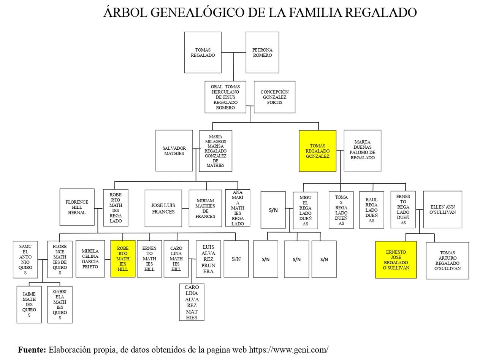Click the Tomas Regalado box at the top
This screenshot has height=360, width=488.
pos(203,52)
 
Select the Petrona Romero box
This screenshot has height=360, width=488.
pos(262,52)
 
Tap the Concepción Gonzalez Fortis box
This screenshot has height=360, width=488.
pos(274,97)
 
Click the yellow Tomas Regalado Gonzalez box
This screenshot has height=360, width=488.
pos(317,151)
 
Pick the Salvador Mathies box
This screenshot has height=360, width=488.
pos(174,151)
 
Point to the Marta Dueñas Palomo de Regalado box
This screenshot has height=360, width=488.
pos(362,151)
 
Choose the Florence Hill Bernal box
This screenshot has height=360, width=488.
pos(77,207)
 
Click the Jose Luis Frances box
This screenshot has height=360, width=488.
pos(163,208)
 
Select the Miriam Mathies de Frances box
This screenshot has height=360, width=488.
pos(205,208)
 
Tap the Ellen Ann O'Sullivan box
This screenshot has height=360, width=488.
pos(442,209)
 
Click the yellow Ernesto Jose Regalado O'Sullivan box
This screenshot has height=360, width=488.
pos(396,260)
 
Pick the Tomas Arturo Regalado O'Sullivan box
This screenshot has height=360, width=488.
pos(447,260)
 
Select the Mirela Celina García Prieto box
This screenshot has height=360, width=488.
pos(90,259)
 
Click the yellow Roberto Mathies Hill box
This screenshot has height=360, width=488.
pos(123,259)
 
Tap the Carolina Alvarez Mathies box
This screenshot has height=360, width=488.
pos(192,302)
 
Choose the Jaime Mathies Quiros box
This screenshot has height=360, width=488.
pos(29,304)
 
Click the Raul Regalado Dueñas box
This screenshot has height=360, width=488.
pos(371,210)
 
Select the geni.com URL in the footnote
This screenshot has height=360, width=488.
pos(288,350)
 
